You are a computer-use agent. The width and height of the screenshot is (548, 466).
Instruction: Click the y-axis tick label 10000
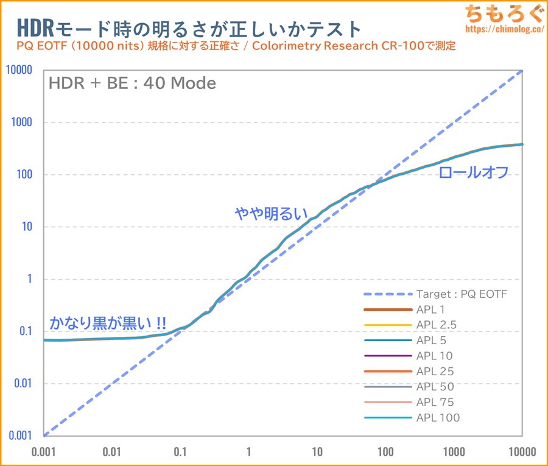(x=19, y=70)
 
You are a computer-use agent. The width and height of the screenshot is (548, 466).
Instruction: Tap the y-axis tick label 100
(x=26, y=175)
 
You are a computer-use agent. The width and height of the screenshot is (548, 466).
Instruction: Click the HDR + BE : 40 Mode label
(x=132, y=83)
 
